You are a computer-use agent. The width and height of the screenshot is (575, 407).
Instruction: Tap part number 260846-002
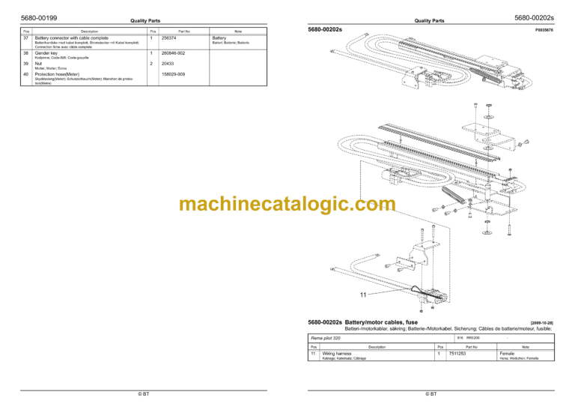(x=173, y=53)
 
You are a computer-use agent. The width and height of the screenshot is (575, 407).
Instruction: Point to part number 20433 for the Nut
(x=167, y=64)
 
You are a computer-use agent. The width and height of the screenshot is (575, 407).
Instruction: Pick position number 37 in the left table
(x=26, y=37)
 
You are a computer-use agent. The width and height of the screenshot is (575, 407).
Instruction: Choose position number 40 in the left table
(x=26, y=74)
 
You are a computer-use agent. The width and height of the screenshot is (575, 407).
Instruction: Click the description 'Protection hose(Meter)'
(x=57, y=74)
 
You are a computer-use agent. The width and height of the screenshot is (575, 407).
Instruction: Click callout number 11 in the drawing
(x=362, y=295)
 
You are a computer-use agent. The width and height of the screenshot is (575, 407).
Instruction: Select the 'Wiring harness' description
(x=337, y=352)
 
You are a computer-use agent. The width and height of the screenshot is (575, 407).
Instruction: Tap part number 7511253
(x=457, y=352)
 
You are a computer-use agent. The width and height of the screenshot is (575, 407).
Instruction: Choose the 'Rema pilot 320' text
(x=326, y=339)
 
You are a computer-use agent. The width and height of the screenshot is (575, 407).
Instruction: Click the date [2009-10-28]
(x=541, y=322)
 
